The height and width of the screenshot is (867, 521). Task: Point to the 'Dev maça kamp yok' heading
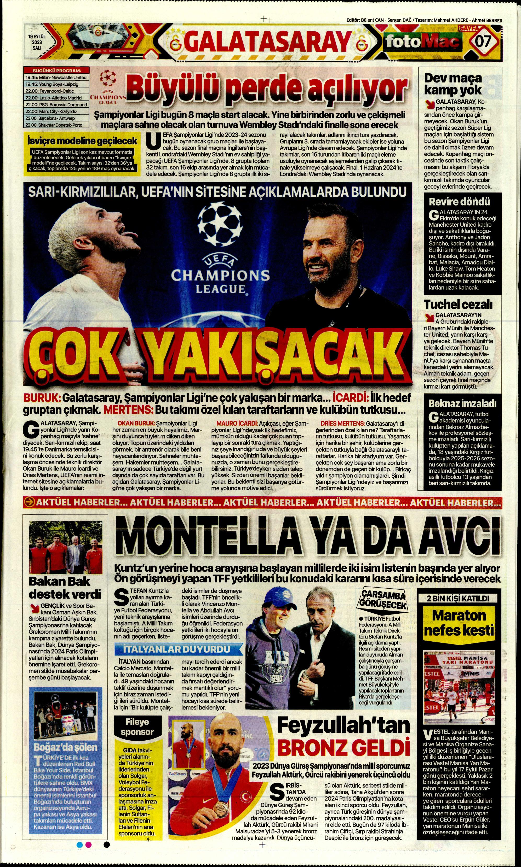coord(453,84)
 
